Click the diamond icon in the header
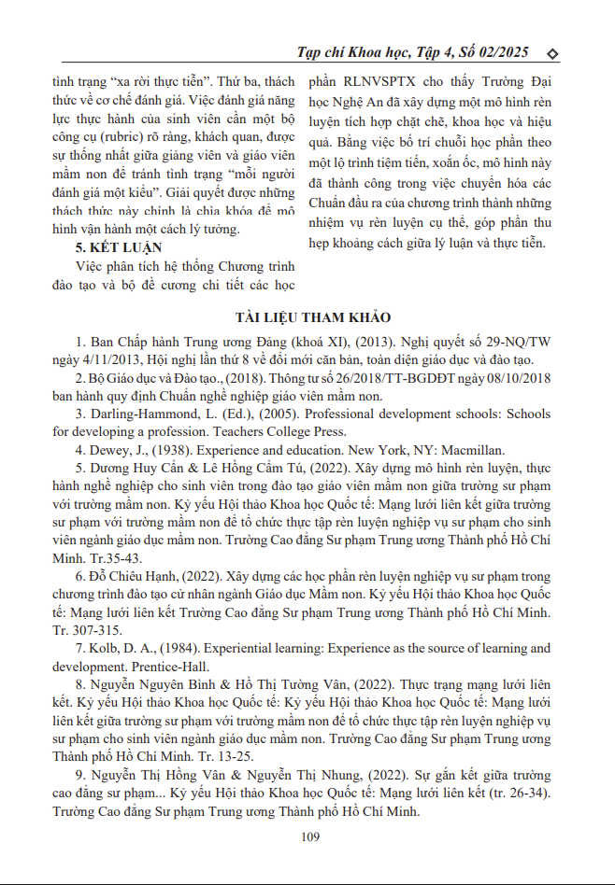(x=551, y=52)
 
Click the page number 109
(x=311, y=836)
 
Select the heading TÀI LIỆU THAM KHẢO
(x=307, y=318)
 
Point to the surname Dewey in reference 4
(x=113, y=450)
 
